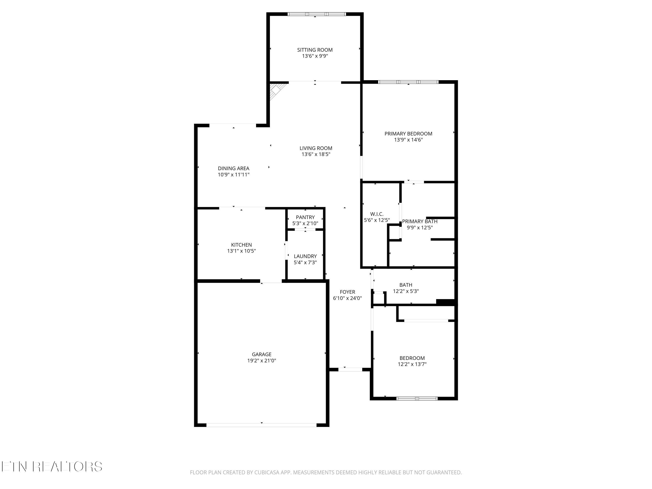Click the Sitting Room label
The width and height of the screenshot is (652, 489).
pyautogui.click(x=315, y=50)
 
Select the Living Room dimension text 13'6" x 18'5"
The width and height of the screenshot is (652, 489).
pyautogui.click(x=316, y=154)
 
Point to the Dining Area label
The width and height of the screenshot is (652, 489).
pyautogui.click(x=233, y=168)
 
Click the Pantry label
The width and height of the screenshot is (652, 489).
pyautogui.click(x=305, y=217)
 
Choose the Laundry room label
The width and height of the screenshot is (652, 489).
pyautogui.click(x=305, y=256)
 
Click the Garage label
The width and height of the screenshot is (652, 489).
pyautogui.click(x=261, y=354)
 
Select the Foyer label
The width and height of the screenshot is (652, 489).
pyautogui.click(x=347, y=292)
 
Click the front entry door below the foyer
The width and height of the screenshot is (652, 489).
pyautogui.click(x=350, y=369)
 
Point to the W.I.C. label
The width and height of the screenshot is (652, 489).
pyautogui.click(x=377, y=214)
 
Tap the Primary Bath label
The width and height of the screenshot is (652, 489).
pyautogui.click(x=419, y=221)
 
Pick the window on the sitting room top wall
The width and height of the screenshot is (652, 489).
pyautogui.click(x=317, y=14)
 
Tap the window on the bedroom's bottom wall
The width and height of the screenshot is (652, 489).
pyautogui.click(x=417, y=399)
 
